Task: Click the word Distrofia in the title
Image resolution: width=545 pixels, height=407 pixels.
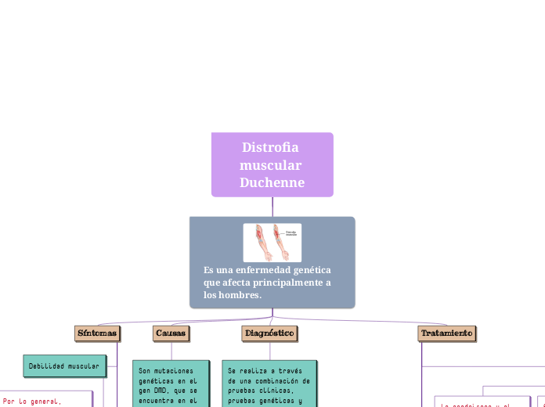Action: point(270,147)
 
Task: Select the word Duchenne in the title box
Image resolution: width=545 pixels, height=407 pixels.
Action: point(272,183)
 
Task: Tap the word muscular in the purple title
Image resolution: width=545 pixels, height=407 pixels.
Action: point(271,165)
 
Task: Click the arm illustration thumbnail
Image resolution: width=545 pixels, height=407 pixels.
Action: point(272,243)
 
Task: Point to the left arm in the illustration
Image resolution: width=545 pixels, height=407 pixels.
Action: point(260,243)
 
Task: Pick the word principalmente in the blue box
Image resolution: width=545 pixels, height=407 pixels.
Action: point(283,283)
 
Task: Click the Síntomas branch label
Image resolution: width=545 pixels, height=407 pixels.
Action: point(97,333)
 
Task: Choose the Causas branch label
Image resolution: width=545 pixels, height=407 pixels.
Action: point(171,333)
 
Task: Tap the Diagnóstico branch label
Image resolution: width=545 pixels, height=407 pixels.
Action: point(269,333)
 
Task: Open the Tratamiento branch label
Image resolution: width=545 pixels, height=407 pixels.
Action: point(446,333)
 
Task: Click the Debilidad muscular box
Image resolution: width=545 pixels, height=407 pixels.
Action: point(63,366)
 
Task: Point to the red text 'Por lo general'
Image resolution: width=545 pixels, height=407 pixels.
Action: point(31,401)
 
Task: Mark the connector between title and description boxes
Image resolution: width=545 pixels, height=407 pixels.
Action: point(272,207)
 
